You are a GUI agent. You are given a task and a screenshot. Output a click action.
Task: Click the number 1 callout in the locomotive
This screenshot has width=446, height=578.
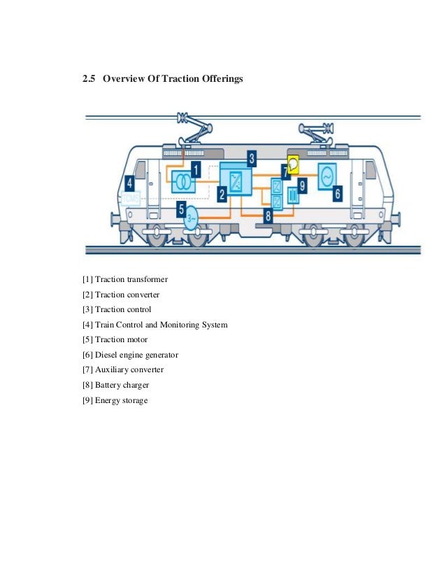click(196, 169)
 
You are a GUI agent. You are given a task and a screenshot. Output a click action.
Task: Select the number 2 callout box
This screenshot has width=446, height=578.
click(222, 195)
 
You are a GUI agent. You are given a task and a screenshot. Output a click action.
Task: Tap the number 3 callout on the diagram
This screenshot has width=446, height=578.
click(252, 157)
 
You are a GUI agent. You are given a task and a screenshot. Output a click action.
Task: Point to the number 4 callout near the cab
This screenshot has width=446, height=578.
click(130, 184)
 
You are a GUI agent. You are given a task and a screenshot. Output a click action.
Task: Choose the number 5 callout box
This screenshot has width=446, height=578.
click(182, 209)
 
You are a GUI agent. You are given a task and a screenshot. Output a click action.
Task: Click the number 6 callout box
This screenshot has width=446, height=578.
click(337, 192)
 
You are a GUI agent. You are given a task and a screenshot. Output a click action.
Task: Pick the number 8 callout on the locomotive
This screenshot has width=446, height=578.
click(268, 216)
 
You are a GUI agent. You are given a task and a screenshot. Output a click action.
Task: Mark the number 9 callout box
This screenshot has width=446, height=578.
click(302, 185)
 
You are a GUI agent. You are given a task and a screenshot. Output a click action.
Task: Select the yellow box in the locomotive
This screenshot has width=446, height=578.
click(294, 164)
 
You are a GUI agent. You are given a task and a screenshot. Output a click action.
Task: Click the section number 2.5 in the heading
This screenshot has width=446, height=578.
click(88, 80)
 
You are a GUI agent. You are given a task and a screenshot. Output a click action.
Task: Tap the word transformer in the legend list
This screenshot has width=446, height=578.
click(146, 280)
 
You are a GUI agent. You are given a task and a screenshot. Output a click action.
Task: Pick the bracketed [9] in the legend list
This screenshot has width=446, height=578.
click(88, 400)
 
